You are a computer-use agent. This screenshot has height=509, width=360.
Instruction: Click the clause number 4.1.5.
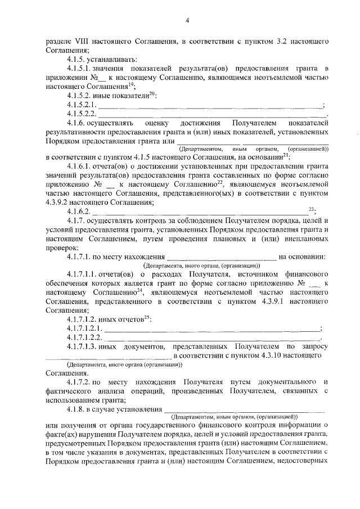tap(76, 59)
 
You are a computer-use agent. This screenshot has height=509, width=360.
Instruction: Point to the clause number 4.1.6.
tap(76, 123)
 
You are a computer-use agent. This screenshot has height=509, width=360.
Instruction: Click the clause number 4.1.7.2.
tap(79, 382)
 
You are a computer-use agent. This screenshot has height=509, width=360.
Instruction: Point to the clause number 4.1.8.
tap(76, 409)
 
